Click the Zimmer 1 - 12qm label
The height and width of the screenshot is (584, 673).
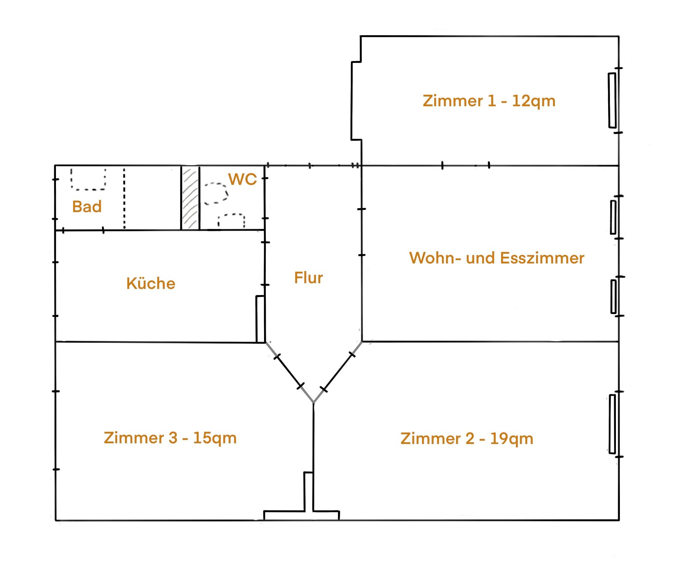[x=489, y=101]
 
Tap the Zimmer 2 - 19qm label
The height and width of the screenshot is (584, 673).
[x=467, y=439]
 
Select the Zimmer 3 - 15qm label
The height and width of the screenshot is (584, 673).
[x=170, y=438]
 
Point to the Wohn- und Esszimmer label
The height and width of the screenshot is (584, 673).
[x=497, y=258]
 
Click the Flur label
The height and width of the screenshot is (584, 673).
[x=309, y=277]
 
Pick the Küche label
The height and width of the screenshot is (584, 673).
[x=151, y=283]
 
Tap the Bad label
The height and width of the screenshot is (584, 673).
[x=87, y=206]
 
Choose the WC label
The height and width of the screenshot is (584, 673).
[x=243, y=179]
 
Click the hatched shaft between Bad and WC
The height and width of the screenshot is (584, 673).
[x=190, y=198]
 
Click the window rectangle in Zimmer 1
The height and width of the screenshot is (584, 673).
[x=612, y=101]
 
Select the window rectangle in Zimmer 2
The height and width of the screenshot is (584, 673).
[x=612, y=424]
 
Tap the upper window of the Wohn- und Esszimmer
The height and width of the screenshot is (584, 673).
[x=613, y=217]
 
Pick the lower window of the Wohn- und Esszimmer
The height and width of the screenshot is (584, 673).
[x=614, y=297]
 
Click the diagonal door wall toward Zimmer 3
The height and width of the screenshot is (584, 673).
[x=289, y=373]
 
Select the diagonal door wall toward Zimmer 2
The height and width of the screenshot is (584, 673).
[x=338, y=372]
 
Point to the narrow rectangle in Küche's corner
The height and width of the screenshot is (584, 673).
[x=260, y=319]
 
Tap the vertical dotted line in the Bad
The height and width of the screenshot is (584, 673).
[x=124, y=198]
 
